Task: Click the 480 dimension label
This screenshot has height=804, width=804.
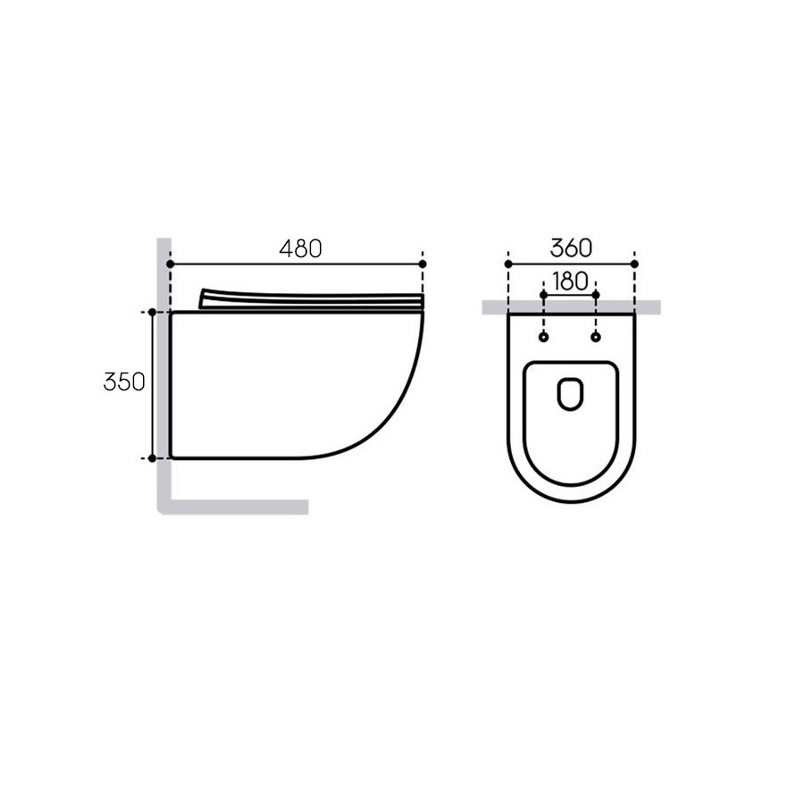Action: point(300,248)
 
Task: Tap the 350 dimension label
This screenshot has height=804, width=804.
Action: point(124,382)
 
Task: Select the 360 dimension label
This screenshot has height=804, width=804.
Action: point(571,248)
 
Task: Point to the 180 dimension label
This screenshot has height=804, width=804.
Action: point(570,281)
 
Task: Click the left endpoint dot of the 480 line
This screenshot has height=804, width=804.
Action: point(171,264)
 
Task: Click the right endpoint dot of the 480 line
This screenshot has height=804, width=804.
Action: point(423,264)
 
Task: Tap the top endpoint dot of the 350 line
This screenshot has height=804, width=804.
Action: point(152,313)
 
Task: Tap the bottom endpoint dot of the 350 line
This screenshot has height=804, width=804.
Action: point(152,458)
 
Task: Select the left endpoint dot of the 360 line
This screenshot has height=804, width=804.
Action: point(508,264)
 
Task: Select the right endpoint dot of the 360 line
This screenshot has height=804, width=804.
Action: point(635,264)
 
